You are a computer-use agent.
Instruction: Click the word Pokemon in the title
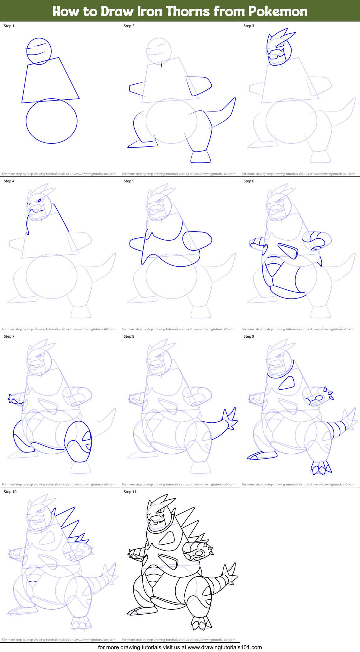click(278, 12)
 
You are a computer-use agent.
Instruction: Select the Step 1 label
click(9, 26)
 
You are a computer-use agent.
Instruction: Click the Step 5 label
click(129, 181)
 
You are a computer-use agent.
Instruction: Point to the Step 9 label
click(249, 336)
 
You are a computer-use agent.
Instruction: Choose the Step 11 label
click(130, 492)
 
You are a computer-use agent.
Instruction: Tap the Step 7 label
click(9, 336)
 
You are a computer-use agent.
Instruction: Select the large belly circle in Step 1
click(51, 121)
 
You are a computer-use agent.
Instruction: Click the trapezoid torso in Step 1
click(50, 81)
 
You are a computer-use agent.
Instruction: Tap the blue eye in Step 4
click(40, 200)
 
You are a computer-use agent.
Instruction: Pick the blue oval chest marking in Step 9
click(287, 383)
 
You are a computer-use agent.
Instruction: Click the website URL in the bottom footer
click(225, 647)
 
